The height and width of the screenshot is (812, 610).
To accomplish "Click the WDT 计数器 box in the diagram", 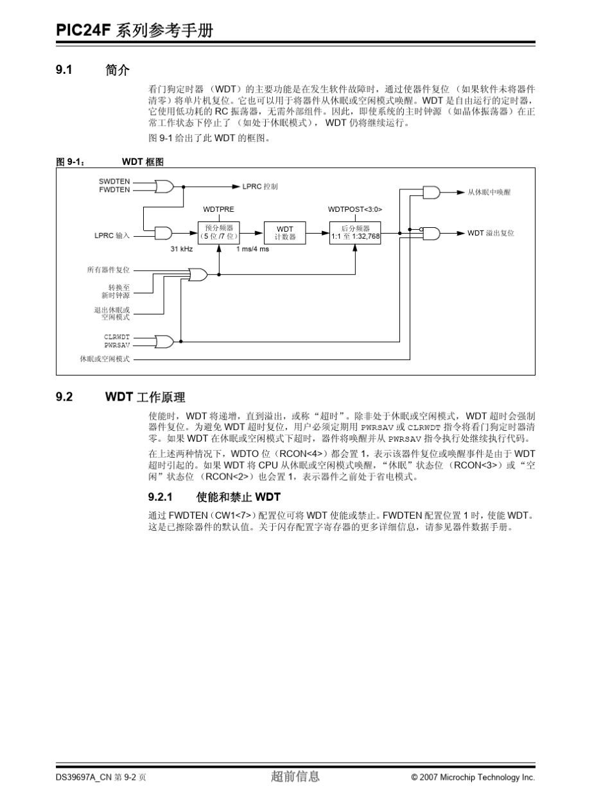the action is click(285, 233).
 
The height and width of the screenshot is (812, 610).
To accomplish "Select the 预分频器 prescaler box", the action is click(219, 232).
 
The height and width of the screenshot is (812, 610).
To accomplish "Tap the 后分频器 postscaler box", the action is click(355, 232).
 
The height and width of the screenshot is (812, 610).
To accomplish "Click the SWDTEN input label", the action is click(114, 182).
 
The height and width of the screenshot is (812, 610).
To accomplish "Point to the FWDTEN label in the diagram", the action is click(114, 190).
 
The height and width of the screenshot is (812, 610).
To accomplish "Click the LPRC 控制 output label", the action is click(260, 186).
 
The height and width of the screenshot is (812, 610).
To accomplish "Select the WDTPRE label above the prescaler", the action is click(218, 209).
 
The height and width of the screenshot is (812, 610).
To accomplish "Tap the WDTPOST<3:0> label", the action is click(355, 209).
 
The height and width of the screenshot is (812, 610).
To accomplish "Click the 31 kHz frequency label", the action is click(182, 249).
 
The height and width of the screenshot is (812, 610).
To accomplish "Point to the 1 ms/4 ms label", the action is click(253, 249).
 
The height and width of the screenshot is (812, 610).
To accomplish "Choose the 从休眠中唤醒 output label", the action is click(489, 192).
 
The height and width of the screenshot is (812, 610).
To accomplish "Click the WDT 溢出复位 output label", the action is click(491, 233).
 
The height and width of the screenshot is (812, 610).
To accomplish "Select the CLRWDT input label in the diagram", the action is click(117, 336).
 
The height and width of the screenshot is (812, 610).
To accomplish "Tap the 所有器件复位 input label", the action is click(109, 270).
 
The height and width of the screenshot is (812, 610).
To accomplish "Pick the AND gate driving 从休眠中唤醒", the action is click(431, 192).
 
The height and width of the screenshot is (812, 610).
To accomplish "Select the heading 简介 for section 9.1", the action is click(118, 71).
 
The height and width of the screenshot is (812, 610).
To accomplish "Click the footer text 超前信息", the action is click(295, 777).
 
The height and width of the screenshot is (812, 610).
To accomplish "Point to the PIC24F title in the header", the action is click(83, 30).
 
